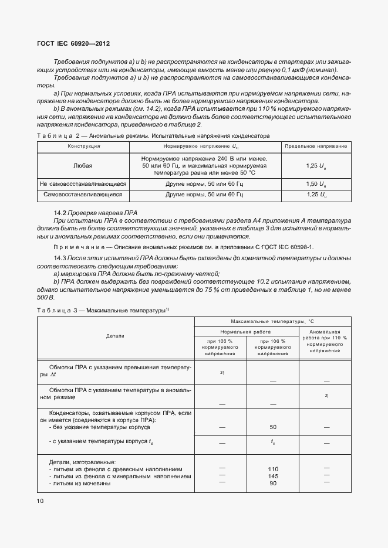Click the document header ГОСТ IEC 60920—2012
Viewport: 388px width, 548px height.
[73, 44]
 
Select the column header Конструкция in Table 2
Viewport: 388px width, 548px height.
[84, 145]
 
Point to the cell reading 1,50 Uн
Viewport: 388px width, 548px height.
[316, 183]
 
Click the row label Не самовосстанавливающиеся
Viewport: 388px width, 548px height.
[83, 183]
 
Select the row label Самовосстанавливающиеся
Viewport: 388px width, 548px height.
[83, 193]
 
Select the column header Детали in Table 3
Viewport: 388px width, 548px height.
[115, 336]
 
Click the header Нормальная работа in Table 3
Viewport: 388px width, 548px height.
[247, 332]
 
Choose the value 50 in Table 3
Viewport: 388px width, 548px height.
[273, 427]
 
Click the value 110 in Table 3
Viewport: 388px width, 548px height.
[273, 469]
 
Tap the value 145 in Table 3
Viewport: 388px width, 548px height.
[273, 476]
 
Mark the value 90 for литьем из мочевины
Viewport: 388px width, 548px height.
[273, 484]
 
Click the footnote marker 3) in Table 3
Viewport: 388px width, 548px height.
[326, 396]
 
